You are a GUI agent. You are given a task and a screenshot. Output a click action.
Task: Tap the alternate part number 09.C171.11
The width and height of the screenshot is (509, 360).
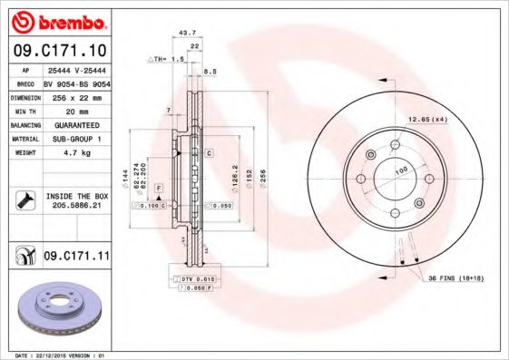(76, 258)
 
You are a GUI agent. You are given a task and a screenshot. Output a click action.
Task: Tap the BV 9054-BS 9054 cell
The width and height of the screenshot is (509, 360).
(75, 82)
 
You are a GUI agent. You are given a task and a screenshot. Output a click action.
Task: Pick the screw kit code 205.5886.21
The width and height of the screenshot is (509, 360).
(76, 206)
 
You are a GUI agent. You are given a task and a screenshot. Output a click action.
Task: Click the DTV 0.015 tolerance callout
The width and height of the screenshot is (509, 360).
(196, 277)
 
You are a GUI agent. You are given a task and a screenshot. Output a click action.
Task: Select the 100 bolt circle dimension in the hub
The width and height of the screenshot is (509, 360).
(399, 170)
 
